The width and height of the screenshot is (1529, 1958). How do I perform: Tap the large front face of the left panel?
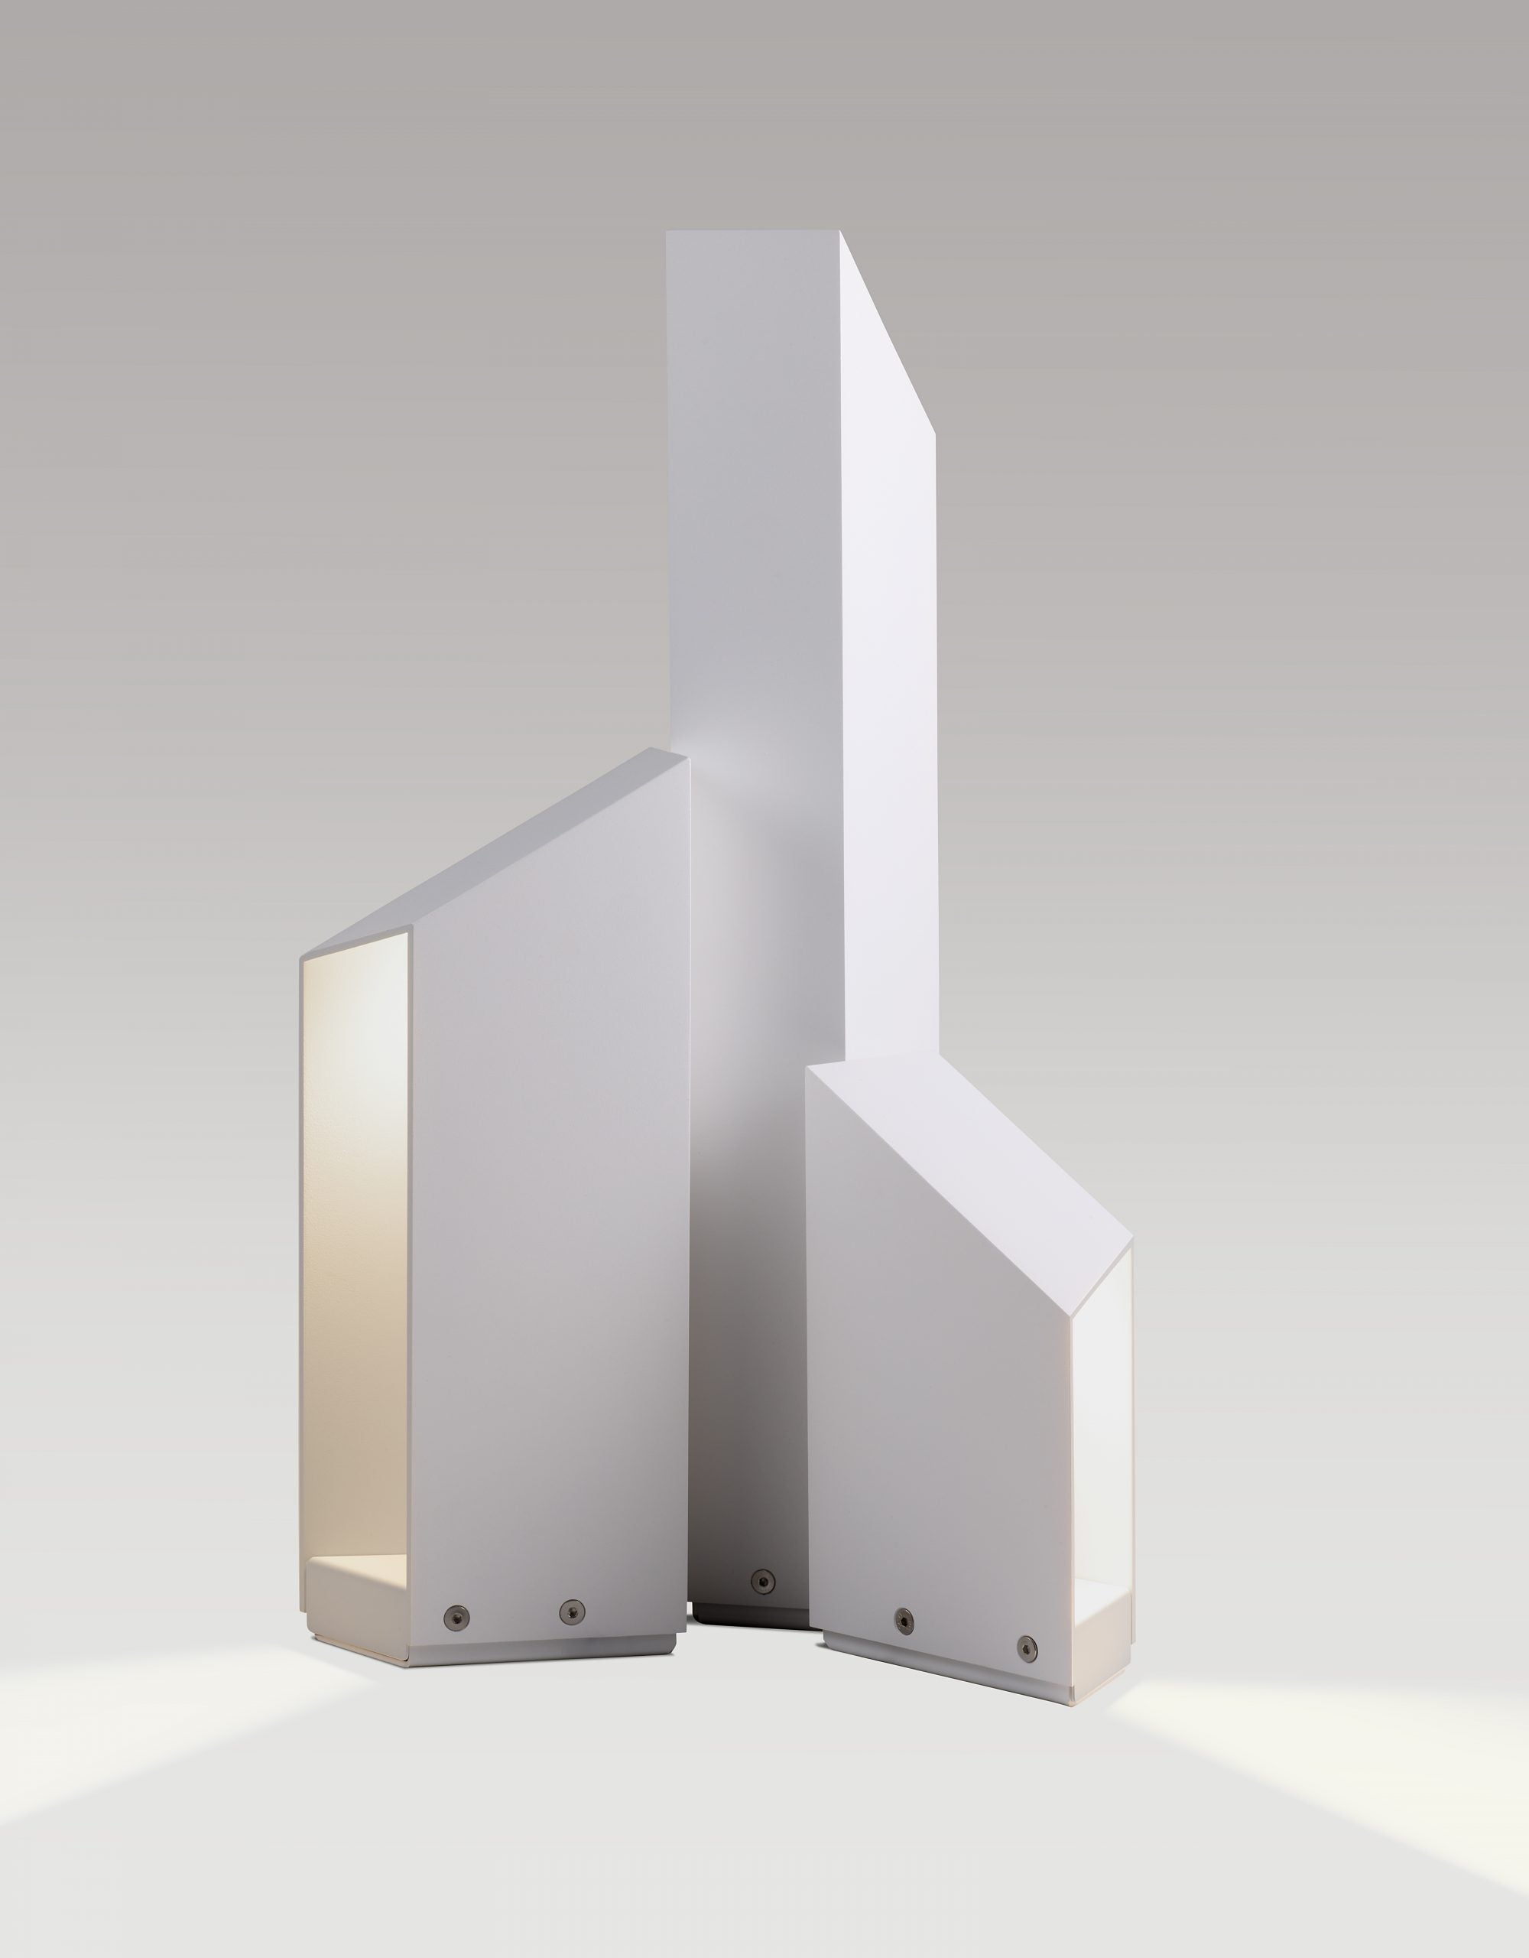547,1255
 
